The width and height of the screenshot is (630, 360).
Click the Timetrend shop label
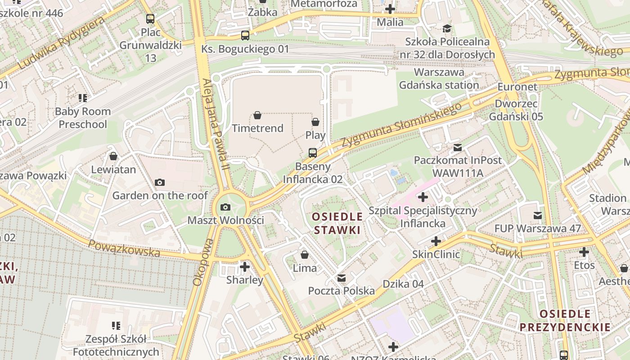(x=257, y=128)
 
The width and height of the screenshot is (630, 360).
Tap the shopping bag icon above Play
(x=315, y=122)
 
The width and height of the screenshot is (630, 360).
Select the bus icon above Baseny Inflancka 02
(x=312, y=153)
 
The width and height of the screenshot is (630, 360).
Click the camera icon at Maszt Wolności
(x=225, y=207)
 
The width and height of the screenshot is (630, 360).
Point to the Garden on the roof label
(x=160, y=195)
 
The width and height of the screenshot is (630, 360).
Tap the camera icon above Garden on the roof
(x=159, y=182)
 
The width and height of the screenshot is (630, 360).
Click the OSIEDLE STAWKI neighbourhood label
(x=337, y=223)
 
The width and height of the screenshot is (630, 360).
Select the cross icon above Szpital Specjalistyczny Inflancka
(x=423, y=197)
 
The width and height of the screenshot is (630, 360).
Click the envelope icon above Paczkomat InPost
(x=458, y=147)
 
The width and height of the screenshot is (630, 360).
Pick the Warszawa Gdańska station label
(x=439, y=79)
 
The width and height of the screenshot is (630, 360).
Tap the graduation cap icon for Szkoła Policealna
(x=447, y=29)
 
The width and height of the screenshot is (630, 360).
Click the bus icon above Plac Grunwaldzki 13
(x=150, y=19)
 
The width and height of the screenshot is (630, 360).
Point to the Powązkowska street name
(x=124, y=248)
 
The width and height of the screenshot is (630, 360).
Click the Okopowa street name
(x=202, y=262)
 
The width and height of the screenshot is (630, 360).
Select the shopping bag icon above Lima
(x=305, y=255)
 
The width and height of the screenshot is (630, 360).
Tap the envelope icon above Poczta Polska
(x=342, y=278)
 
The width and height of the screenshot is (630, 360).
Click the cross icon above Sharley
(x=244, y=267)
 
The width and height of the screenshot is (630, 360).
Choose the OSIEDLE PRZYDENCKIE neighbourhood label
(x=565, y=320)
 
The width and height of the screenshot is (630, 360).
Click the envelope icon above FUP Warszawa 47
(x=538, y=216)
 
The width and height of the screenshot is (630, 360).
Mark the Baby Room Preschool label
(x=83, y=118)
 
